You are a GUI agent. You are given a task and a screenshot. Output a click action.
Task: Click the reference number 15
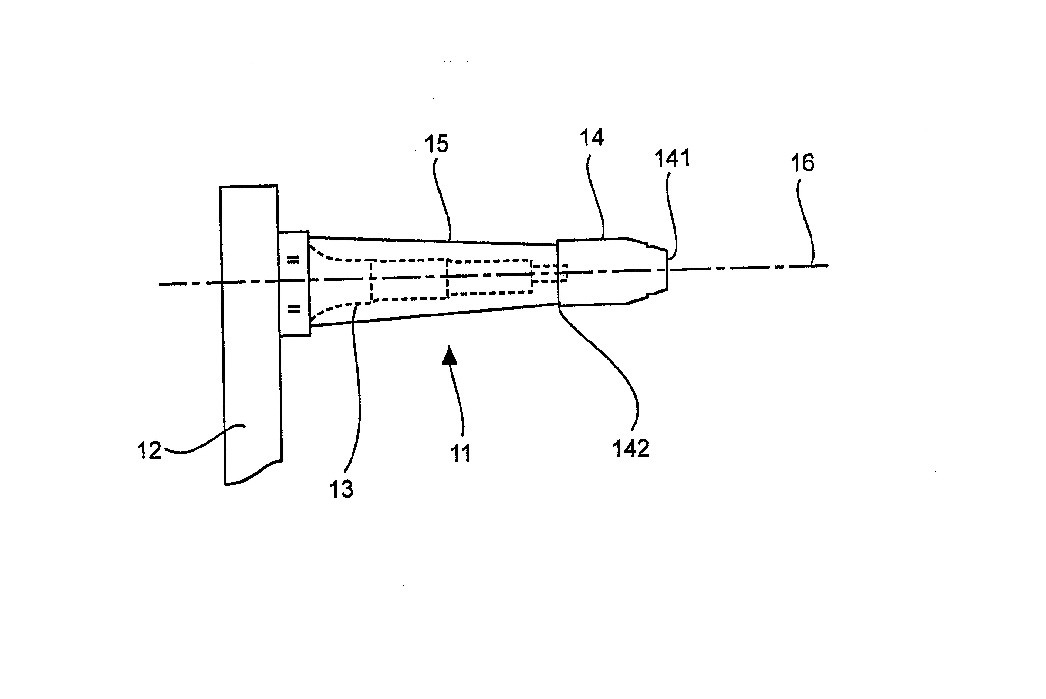click(436, 144)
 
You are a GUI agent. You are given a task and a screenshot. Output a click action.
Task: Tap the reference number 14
click(592, 138)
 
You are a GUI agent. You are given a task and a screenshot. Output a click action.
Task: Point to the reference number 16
click(803, 163)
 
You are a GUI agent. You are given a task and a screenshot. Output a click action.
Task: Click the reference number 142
click(631, 448)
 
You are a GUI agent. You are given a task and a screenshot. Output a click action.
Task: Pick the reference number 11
click(460, 453)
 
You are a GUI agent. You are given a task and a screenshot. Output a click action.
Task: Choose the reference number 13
click(342, 489)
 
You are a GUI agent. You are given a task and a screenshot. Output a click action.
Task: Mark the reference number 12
click(149, 450)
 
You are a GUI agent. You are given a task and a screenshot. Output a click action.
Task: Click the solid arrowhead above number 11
click(450, 355)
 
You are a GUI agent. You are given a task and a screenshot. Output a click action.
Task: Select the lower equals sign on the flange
click(294, 309)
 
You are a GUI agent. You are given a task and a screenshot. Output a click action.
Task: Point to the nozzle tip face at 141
click(668, 271)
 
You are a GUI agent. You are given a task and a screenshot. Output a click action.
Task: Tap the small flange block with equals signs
click(294, 284)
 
